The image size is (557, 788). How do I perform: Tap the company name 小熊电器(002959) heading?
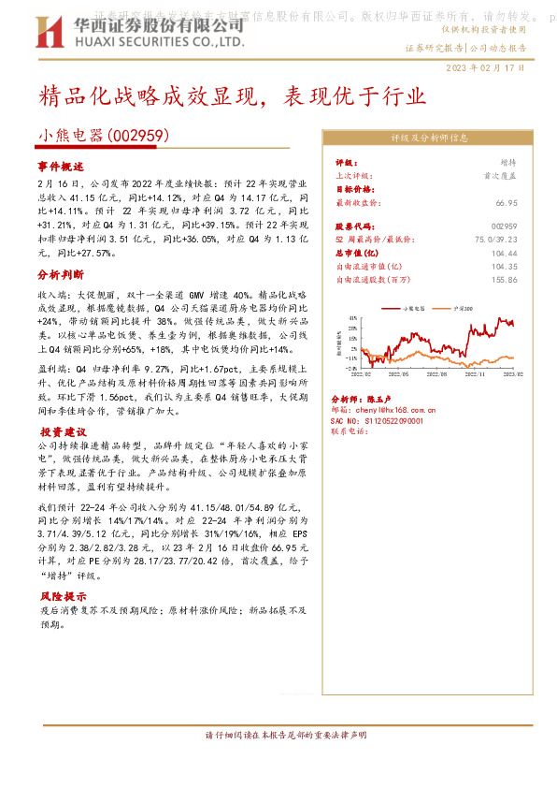(x=103, y=136)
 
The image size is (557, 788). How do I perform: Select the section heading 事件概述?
(x=62, y=166)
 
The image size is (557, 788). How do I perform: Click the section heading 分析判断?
(x=62, y=275)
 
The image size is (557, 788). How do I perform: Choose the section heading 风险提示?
(x=62, y=596)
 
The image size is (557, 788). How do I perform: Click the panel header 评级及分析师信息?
(x=429, y=138)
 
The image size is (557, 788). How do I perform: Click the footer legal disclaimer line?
(x=278, y=734)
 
